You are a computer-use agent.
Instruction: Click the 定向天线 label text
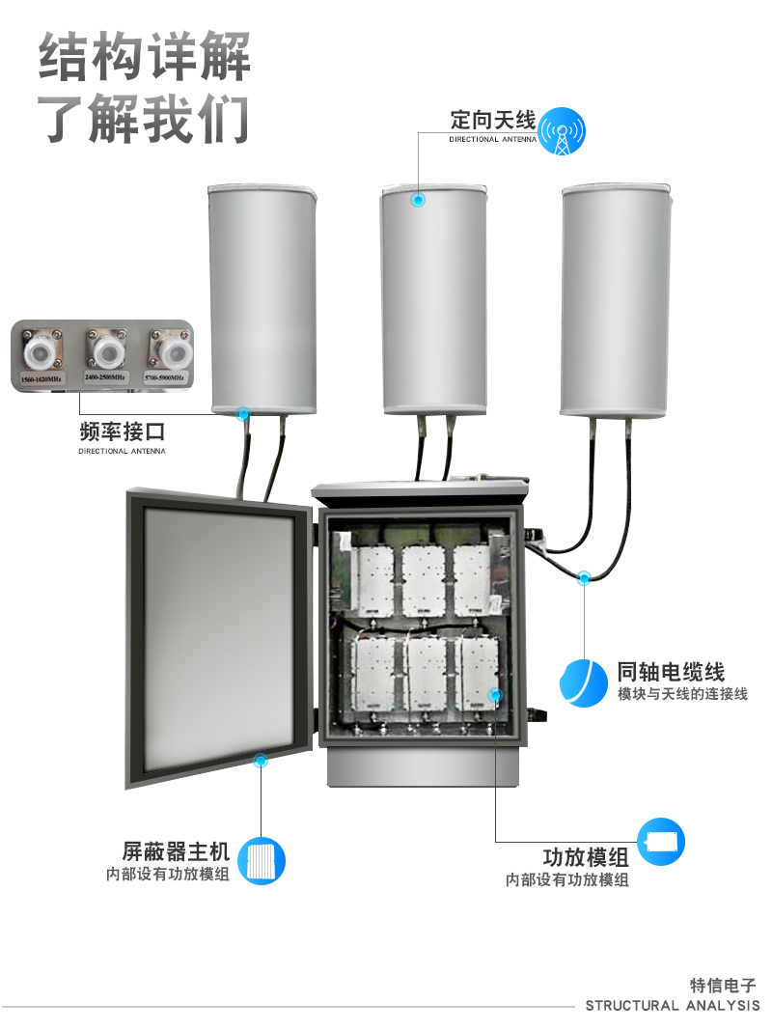point(491,121)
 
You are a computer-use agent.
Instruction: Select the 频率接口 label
point(122,431)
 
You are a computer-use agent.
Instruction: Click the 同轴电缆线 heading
point(671,672)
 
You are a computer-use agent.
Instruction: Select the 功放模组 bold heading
point(586,857)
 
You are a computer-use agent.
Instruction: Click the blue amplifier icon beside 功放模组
point(662,842)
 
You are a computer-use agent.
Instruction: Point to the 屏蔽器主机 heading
point(176,851)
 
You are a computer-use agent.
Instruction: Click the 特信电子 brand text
point(724,986)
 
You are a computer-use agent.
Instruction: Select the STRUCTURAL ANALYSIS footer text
point(673,1006)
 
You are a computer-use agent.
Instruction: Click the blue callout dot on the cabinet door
point(260,761)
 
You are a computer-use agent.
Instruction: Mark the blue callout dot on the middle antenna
point(418,200)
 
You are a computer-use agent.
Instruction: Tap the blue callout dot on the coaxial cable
point(584,577)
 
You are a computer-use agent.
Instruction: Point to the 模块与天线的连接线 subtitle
point(682,695)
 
